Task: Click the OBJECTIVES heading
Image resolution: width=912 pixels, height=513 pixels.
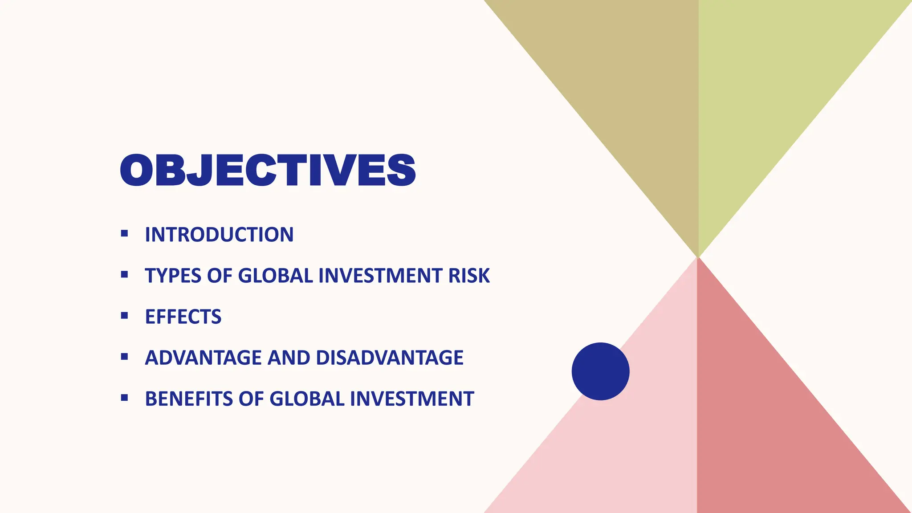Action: (x=268, y=171)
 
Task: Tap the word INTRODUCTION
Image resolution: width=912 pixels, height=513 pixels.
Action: (x=219, y=235)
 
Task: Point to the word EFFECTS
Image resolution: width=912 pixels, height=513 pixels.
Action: (x=183, y=317)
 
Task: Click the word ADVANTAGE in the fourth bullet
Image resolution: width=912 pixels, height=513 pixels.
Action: (x=203, y=358)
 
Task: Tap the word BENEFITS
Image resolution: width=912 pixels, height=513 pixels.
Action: (x=189, y=399)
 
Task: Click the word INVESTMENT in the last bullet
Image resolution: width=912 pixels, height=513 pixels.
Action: (x=412, y=399)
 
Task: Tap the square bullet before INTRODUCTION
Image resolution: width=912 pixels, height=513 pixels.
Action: (x=124, y=233)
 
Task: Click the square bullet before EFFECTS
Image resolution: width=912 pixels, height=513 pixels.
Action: (x=124, y=316)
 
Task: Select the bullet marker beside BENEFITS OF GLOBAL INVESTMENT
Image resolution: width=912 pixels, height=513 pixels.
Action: (x=124, y=398)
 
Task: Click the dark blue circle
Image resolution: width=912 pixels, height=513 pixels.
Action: (x=600, y=371)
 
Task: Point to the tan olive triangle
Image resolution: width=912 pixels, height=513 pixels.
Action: (x=623, y=89)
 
